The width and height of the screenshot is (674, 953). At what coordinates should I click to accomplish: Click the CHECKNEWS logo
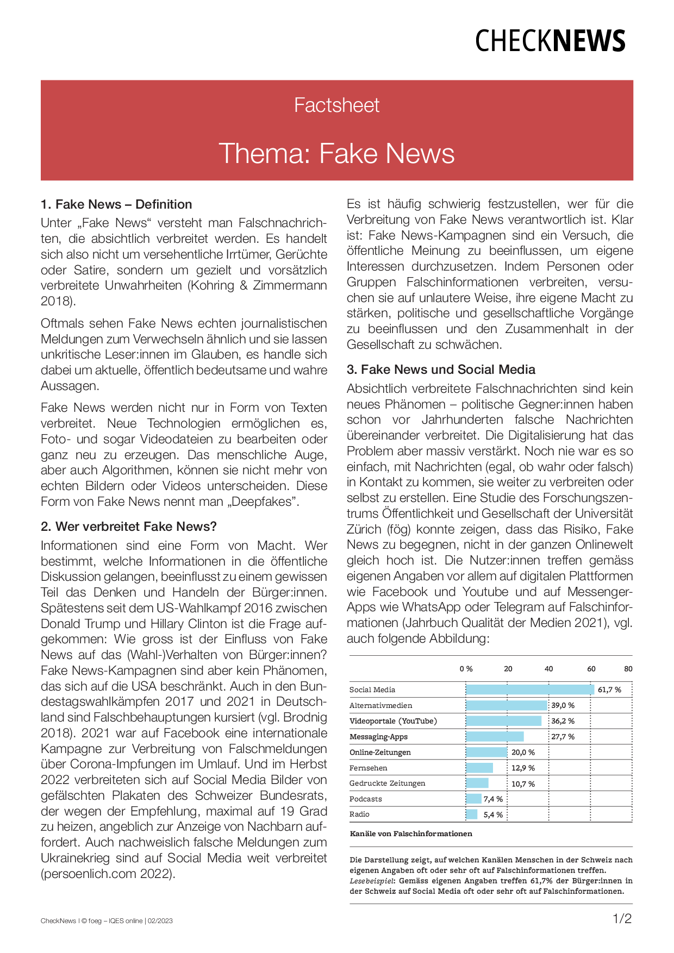pyautogui.click(x=550, y=41)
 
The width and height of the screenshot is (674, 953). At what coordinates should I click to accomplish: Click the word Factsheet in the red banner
pyautogui.click(x=336, y=105)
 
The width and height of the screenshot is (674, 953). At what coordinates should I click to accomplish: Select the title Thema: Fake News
pyautogui.click(x=336, y=153)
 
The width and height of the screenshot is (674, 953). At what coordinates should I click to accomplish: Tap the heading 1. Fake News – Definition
pyautogui.click(x=116, y=204)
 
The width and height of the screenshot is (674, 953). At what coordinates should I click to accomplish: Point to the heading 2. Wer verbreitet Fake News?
pyautogui.click(x=129, y=526)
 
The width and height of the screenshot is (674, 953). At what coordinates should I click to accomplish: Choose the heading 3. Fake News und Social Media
pyautogui.click(x=441, y=369)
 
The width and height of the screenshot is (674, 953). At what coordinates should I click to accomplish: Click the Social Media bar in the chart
pyautogui.click(x=530, y=689)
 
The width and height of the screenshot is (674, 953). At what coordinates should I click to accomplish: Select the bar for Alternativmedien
pyautogui.click(x=507, y=705)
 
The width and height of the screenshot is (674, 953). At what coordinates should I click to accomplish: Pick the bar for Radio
pyautogui.click(x=472, y=814)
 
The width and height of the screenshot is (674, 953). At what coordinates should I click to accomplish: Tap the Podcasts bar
pyautogui.click(x=474, y=799)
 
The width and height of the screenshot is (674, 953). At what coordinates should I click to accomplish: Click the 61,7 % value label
pyautogui.click(x=609, y=689)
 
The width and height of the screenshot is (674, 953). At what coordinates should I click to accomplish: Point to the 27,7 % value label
pyautogui.click(x=563, y=737)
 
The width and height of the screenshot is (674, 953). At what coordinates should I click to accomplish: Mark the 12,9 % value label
pyautogui.click(x=523, y=768)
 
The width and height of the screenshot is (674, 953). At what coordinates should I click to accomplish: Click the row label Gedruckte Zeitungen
pyautogui.click(x=387, y=783)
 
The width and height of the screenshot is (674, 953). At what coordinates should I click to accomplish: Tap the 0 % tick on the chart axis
pyautogui.click(x=466, y=669)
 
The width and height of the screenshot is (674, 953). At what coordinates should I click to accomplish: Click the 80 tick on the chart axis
pyautogui.click(x=628, y=669)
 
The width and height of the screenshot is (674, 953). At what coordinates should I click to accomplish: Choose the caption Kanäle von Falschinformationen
pyautogui.click(x=411, y=833)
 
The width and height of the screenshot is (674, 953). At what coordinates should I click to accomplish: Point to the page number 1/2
pyautogui.click(x=622, y=919)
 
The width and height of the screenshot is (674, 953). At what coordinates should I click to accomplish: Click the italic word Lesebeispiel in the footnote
pyautogui.click(x=371, y=881)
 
